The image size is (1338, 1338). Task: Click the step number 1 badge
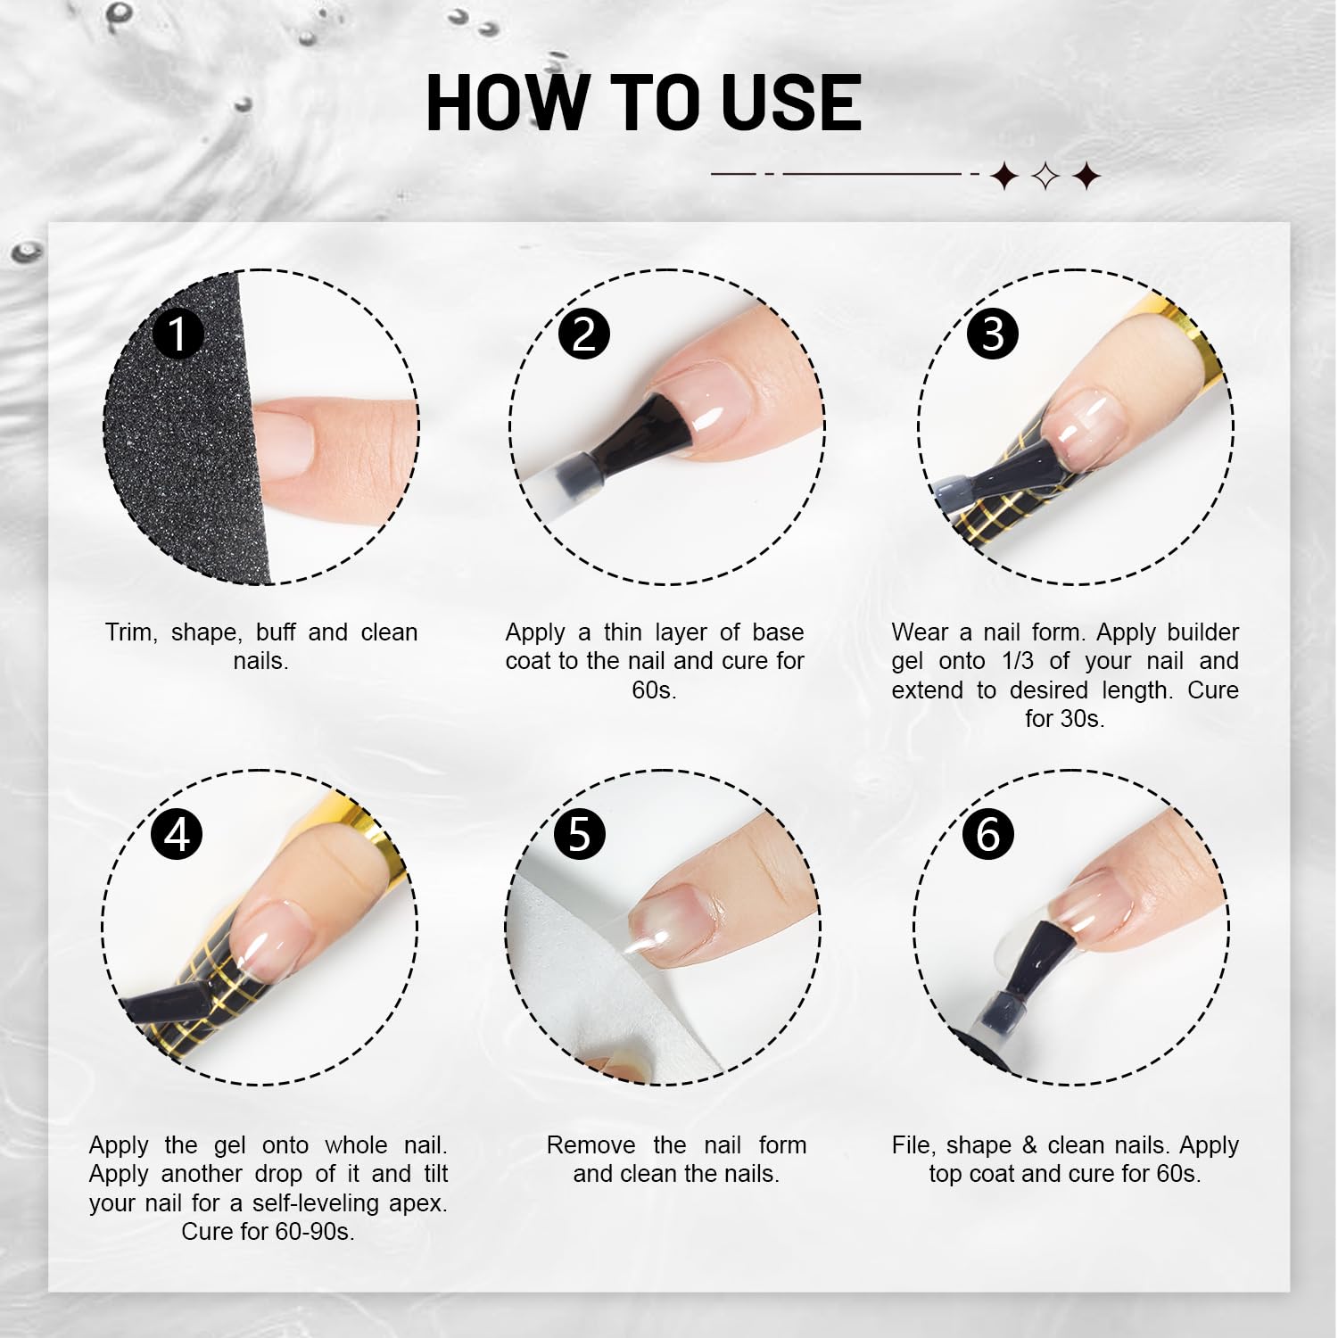[178, 334]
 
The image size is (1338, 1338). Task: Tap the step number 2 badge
[583, 334]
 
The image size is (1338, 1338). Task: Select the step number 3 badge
[992, 334]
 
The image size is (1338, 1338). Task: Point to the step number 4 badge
[177, 834]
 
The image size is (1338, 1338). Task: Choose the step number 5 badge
[580, 834]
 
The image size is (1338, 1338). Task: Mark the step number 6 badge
[988, 834]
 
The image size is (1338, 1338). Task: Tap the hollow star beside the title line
[1045, 176]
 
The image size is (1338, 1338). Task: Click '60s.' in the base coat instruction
[654, 690]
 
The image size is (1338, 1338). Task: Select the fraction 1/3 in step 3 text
[1017, 661]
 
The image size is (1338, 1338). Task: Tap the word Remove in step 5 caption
[591, 1145]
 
